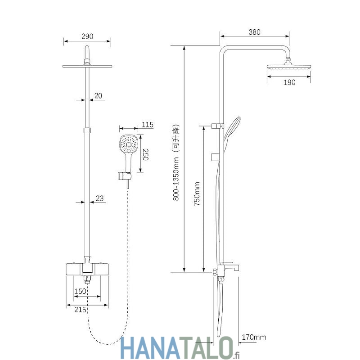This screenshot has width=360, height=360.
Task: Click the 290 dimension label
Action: [x=87, y=36]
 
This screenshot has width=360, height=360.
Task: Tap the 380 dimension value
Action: [x=254, y=32]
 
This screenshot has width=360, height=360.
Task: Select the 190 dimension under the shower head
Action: [x=289, y=82]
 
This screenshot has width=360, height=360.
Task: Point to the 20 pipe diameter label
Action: [x=98, y=95]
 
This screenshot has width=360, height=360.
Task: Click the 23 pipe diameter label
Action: [x=99, y=198]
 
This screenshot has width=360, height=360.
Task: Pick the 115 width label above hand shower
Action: [x=148, y=125]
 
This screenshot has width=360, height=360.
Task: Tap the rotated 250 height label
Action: [x=146, y=154]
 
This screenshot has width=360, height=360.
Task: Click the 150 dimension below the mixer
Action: [x=80, y=291]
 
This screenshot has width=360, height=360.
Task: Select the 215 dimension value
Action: [x=80, y=310]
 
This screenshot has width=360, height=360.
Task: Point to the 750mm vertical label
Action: [x=197, y=193]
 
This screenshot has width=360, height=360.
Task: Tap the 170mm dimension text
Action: [x=254, y=337]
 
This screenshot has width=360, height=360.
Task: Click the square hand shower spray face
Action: [x=129, y=143]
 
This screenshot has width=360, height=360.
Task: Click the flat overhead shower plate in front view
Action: [x=87, y=66]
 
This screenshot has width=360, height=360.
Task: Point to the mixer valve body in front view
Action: [x=87, y=269]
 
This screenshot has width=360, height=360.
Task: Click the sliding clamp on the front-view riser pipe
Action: [x=87, y=130]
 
